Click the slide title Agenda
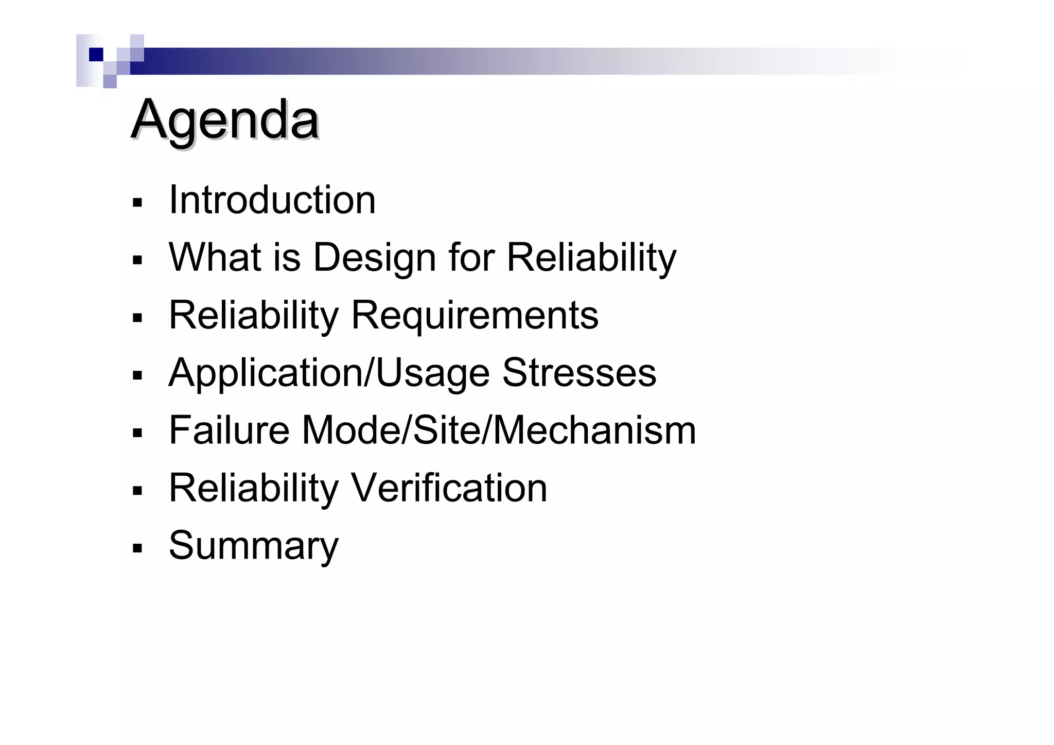click(x=225, y=120)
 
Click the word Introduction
click(x=272, y=200)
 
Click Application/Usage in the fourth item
click(x=329, y=373)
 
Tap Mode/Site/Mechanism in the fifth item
click(x=499, y=430)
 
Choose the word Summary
click(x=254, y=546)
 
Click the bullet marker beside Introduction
click(x=137, y=202)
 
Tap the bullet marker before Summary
click(x=137, y=548)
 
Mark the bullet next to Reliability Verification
click(x=137, y=490)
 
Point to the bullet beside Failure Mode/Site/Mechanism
click(x=137, y=432)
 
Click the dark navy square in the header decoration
click(x=96, y=55)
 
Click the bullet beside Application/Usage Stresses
click(x=137, y=375)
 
